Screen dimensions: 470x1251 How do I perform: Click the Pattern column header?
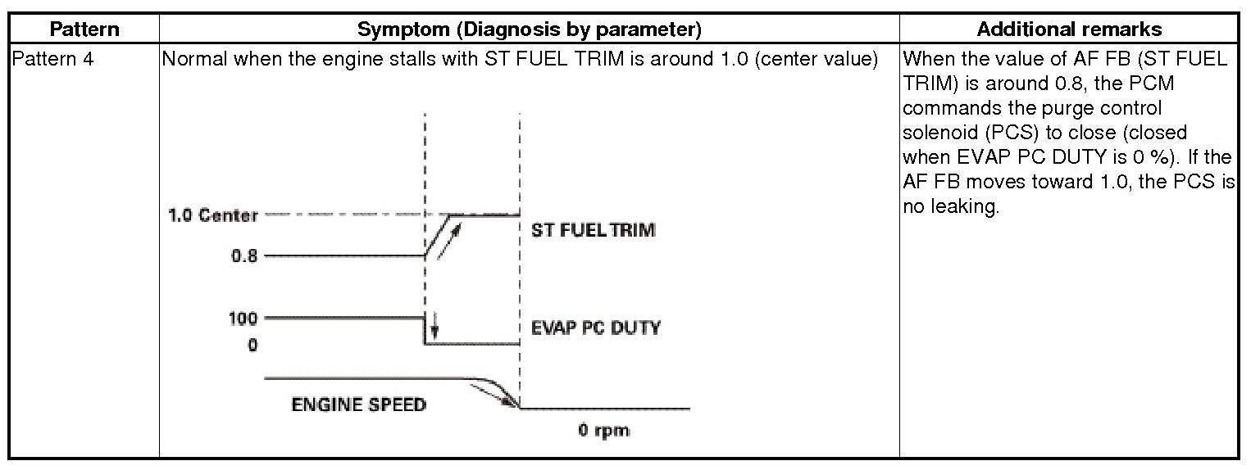coord(84,29)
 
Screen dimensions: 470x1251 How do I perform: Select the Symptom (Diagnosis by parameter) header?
coord(530,29)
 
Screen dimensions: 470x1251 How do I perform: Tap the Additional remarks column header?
coord(1069,29)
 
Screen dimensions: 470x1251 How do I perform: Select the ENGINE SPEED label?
coord(359,404)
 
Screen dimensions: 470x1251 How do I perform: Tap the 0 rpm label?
coord(604,430)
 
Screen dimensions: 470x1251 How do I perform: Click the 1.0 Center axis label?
coord(213,216)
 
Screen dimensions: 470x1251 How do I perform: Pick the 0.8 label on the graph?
coord(244,255)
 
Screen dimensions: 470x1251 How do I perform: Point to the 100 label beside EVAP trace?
coord(243,318)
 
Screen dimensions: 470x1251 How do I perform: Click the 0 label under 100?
coord(252,345)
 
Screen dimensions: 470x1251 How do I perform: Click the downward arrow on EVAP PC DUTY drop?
coord(434,326)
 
